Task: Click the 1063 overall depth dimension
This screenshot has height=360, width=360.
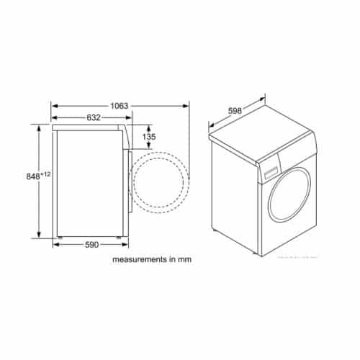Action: click(x=119, y=106)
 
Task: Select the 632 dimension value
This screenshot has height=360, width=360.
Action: click(x=89, y=117)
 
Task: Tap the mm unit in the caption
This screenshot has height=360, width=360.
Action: click(x=186, y=258)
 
